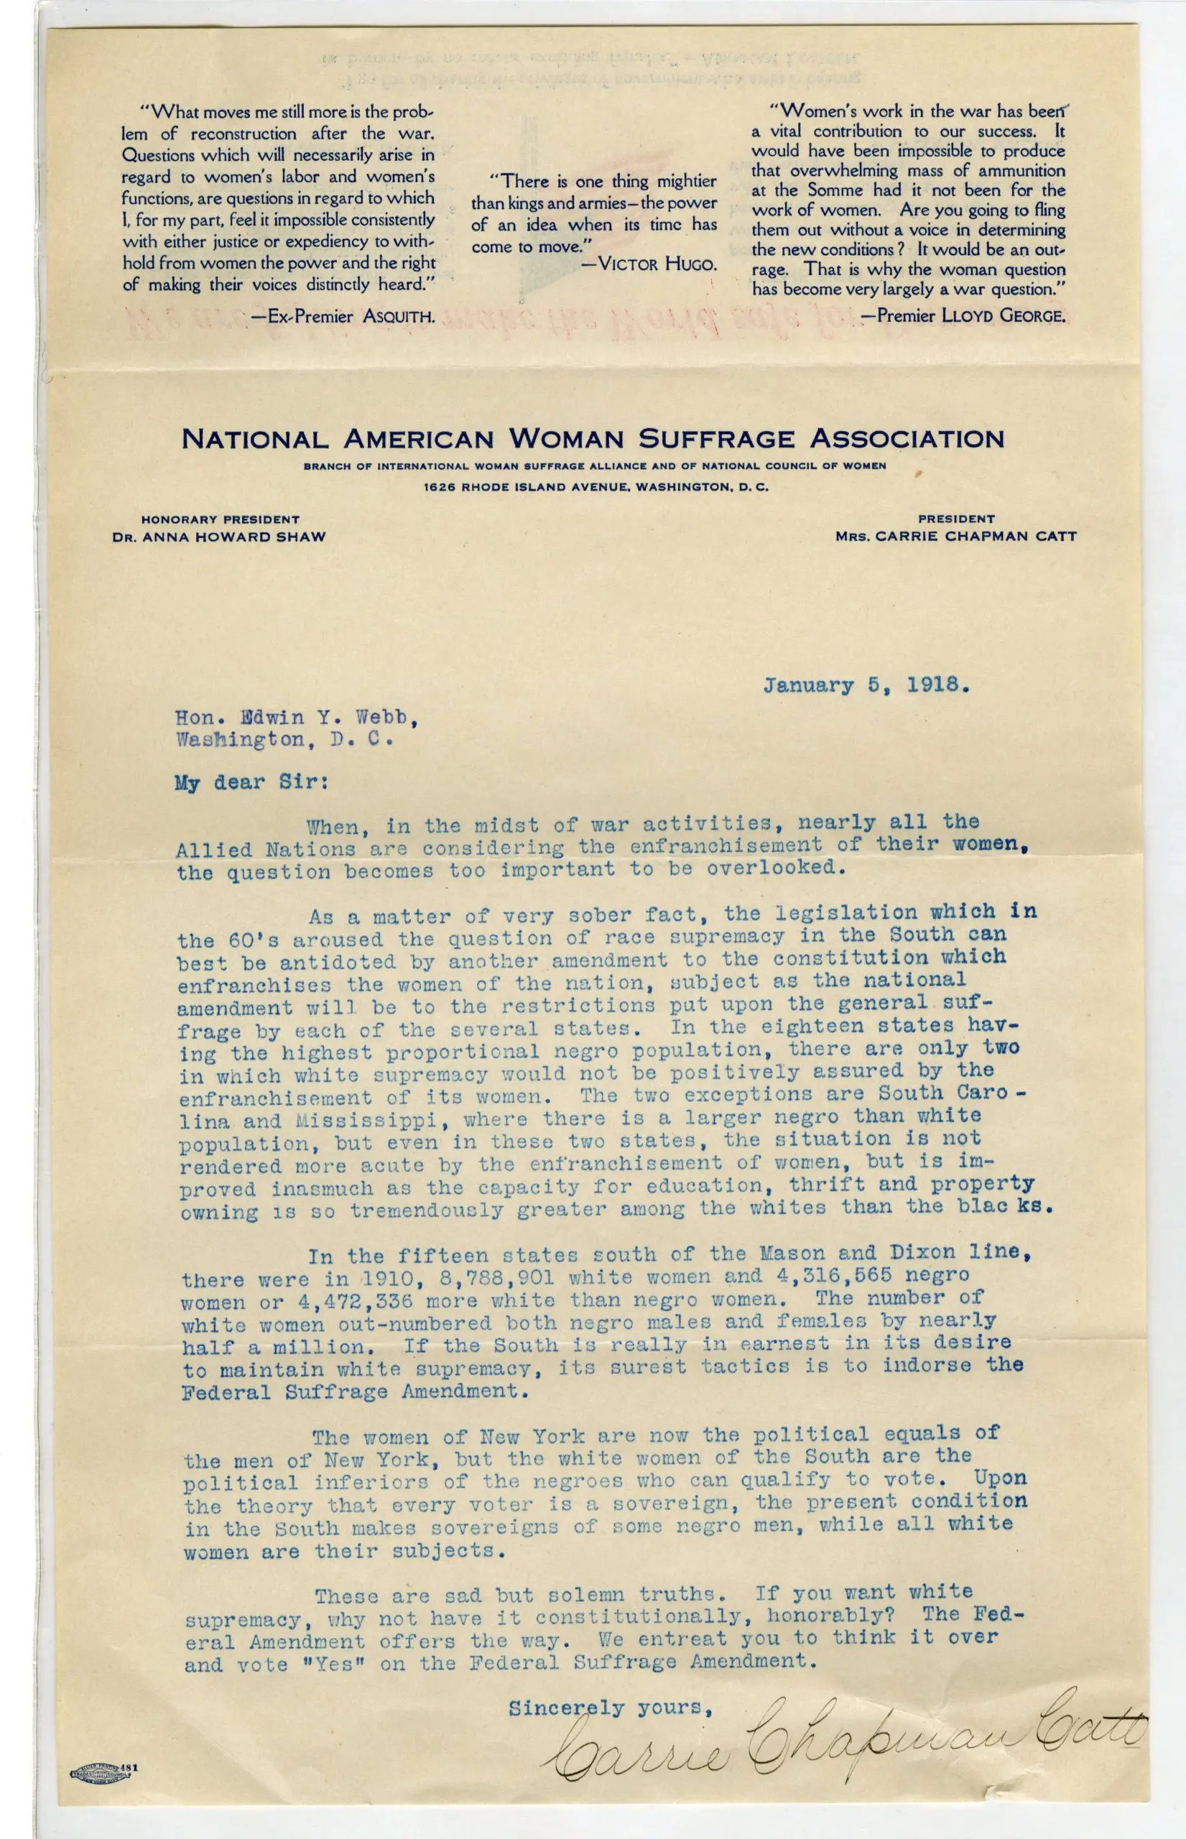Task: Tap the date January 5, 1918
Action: (866, 685)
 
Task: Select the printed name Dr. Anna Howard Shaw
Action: (220, 537)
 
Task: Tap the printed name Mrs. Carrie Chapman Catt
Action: (955, 536)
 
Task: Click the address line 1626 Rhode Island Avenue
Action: (596, 487)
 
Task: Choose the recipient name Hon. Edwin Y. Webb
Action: (297, 718)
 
